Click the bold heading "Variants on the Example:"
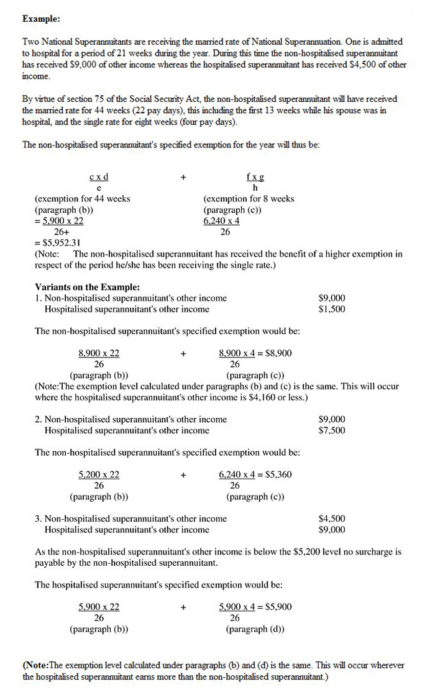click(87, 287)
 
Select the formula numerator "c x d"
click(99, 177)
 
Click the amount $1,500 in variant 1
click(331, 309)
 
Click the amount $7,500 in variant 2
click(331, 430)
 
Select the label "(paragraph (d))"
click(255, 629)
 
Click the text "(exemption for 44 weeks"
click(82, 199)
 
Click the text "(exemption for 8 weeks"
click(249, 199)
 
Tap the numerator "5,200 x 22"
click(99, 474)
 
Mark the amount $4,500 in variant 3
click(331, 519)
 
